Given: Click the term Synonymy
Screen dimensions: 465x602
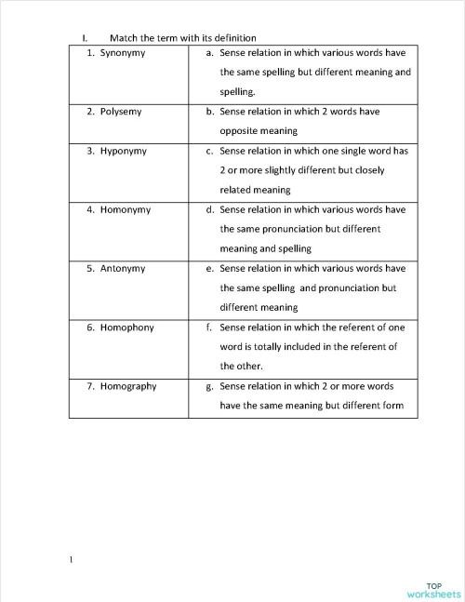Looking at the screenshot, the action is pyautogui.click(x=123, y=53).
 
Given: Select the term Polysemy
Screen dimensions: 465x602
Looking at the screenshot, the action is pyautogui.click(x=121, y=112).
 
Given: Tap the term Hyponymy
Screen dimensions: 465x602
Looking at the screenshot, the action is pyautogui.click(x=123, y=151).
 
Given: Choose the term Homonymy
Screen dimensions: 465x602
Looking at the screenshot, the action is pyautogui.click(x=125, y=209).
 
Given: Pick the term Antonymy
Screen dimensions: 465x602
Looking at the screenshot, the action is pyautogui.click(x=122, y=268).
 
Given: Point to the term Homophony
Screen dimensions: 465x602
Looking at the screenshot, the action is pyautogui.click(x=126, y=328).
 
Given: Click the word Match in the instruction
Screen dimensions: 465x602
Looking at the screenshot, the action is pyautogui.click(x=124, y=38).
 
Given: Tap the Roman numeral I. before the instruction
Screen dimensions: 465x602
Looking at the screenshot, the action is pyautogui.click(x=84, y=38).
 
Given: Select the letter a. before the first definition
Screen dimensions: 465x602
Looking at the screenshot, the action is pyautogui.click(x=210, y=53).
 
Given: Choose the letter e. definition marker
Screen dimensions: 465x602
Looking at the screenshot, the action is pyautogui.click(x=210, y=268).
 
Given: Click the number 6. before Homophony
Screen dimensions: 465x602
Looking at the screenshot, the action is pyautogui.click(x=91, y=328).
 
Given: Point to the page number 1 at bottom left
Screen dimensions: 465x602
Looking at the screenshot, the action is pyautogui.click(x=70, y=559).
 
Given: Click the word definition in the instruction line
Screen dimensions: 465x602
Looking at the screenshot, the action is pyautogui.click(x=210, y=38).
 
